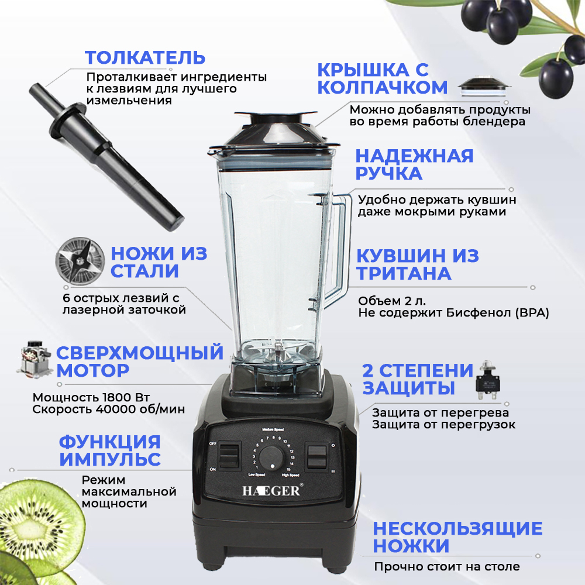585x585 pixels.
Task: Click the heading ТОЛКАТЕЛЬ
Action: pos(145,58)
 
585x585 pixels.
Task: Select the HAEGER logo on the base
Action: pos(271,491)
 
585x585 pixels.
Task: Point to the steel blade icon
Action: pos(80,261)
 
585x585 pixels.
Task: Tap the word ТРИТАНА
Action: pos(404,273)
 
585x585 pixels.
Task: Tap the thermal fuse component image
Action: pos(488,381)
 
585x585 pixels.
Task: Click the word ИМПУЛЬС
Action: pos(110,459)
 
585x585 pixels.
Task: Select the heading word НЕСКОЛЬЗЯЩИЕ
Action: pos(458,529)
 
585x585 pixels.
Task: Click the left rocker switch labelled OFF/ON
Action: pos(228,456)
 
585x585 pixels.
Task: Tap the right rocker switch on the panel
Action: pos(316,456)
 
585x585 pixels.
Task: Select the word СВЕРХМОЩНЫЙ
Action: pos(140,353)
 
